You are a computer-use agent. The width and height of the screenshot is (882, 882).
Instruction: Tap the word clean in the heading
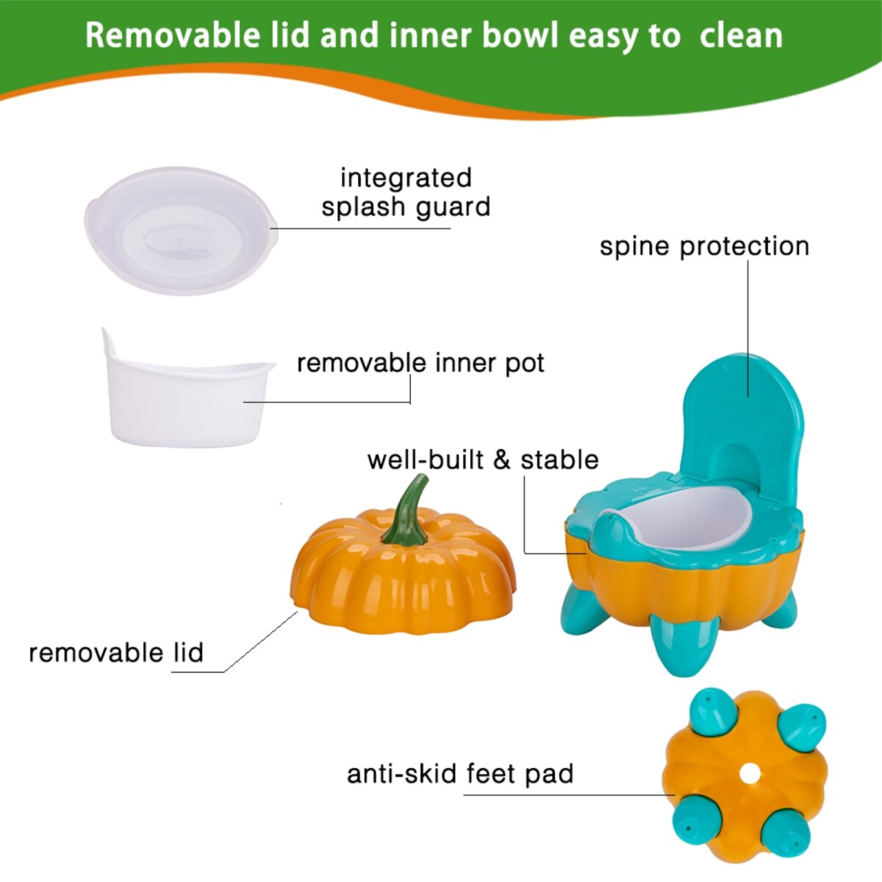click(742, 37)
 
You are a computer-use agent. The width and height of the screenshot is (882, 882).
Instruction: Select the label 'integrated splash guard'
click(406, 193)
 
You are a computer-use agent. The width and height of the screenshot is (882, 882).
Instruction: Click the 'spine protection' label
click(704, 247)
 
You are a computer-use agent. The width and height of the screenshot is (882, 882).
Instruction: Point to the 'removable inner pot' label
click(420, 363)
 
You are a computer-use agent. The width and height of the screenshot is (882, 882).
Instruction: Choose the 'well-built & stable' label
click(483, 459)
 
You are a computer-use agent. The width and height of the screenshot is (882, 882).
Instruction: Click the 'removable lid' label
click(116, 652)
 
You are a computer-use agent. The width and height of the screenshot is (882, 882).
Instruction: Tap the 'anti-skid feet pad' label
click(460, 774)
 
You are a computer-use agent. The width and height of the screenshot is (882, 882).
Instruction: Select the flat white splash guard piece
click(181, 230)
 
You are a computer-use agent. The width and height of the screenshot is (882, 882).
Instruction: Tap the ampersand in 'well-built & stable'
click(502, 460)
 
